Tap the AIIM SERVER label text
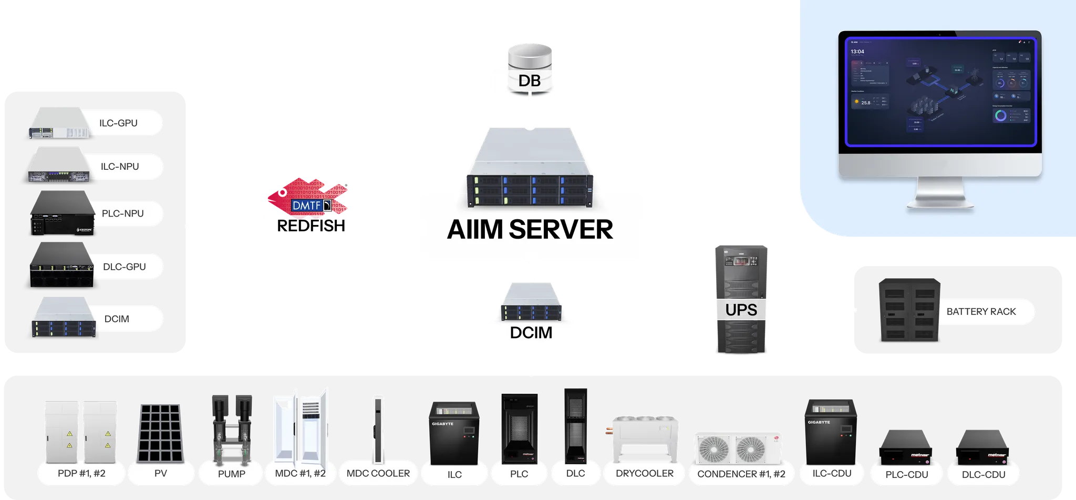point(530,230)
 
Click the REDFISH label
point(311,226)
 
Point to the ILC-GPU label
point(119,123)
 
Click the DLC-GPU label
point(125,267)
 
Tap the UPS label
point(741,310)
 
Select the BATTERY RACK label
point(981,312)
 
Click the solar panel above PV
point(161,432)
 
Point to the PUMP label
point(232,474)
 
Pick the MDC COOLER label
point(378,473)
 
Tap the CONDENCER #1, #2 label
point(741,474)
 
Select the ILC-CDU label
point(832,473)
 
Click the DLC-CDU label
point(984,474)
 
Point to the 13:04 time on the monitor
point(857,52)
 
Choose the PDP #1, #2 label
point(81,473)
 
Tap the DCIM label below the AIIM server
point(531,333)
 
